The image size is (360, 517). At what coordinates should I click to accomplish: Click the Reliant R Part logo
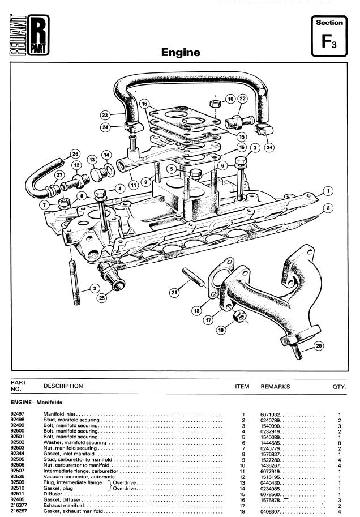pyautogui.click(x=29, y=35)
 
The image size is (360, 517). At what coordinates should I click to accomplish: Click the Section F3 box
pyautogui.click(x=329, y=36)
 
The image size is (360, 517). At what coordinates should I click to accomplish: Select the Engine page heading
pyautogui.click(x=181, y=52)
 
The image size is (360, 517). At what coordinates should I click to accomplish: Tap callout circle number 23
pyautogui.click(x=105, y=115)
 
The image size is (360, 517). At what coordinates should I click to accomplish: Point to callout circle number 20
pyautogui.click(x=319, y=346)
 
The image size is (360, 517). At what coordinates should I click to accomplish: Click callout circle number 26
pyautogui.click(x=75, y=154)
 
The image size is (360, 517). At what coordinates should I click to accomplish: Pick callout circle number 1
pyautogui.click(x=328, y=191)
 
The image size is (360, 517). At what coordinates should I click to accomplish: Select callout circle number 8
pyautogui.click(x=328, y=208)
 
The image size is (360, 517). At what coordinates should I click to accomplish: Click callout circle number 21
pyautogui.click(x=174, y=292)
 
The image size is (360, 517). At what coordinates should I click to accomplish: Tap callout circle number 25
pyautogui.click(x=102, y=298)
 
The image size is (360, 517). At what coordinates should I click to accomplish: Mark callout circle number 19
pyautogui.click(x=221, y=330)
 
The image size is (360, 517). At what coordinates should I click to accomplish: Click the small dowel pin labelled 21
pyautogui.click(x=193, y=277)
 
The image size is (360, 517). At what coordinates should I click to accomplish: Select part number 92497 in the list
pyautogui.click(x=17, y=414)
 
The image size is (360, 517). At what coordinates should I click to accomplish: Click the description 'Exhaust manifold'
pyautogui.click(x=63, y=505)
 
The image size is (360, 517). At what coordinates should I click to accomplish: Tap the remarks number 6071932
pyautogui.click(x=270, y=415)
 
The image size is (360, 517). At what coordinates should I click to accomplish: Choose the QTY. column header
pyautogui.click(x=339, y=387)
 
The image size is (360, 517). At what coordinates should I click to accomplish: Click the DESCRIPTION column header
pyautogui.click(x=63, y=386)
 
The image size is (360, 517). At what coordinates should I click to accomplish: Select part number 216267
pyautogui.click(x=19, y=511)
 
